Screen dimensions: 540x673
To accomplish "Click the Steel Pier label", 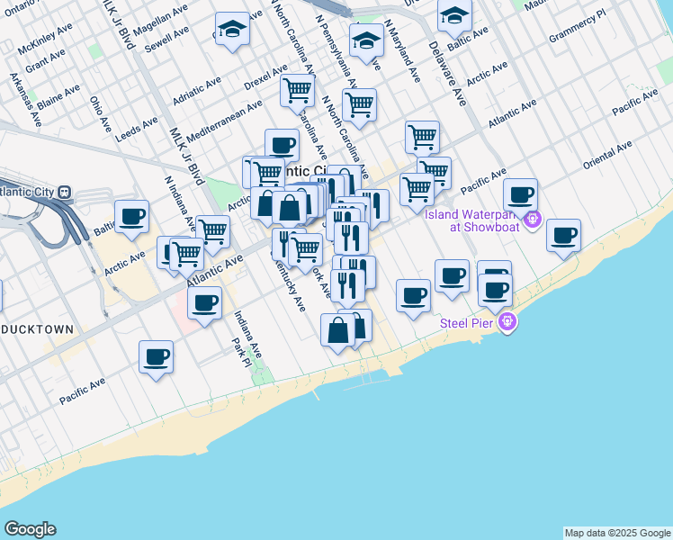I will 467,323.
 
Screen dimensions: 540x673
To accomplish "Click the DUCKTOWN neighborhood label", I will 37,329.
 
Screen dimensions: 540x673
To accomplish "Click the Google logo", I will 30,529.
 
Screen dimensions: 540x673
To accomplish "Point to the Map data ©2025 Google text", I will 617,533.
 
